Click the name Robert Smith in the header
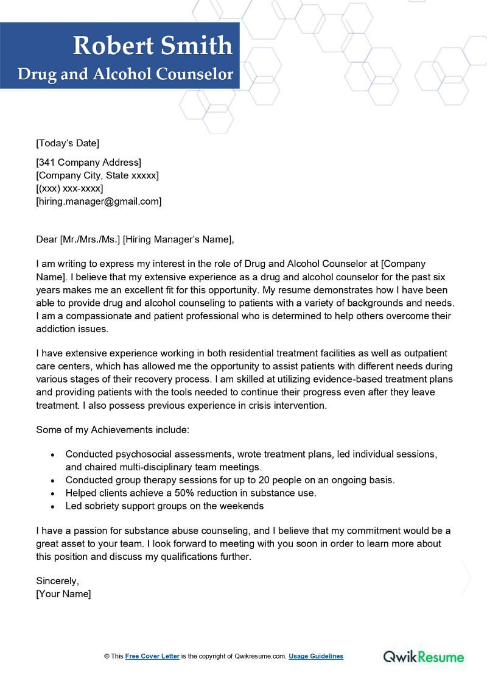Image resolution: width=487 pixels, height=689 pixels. (153, 46)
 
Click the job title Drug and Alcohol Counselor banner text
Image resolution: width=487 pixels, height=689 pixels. (125, 74)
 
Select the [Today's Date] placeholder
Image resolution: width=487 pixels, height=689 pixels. (68, 143)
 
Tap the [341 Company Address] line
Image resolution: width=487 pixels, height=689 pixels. (88, 162)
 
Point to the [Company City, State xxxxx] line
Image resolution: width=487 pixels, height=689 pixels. (97, 175)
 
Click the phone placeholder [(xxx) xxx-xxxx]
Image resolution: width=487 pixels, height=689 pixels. (69, 188)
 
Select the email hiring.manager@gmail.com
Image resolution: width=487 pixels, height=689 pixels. (99, 201)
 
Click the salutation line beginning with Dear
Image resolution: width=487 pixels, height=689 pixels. (135, 239)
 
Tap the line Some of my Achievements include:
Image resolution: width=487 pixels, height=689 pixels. (113, 429)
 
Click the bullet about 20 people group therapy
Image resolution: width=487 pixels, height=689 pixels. (230, 480)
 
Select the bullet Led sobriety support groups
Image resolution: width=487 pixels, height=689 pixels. (164, 506)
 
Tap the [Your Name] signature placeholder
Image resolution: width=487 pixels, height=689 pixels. (63, 593)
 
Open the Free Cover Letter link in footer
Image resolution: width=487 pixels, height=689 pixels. (152, 656)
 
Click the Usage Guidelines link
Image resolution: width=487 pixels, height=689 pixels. (316, 656)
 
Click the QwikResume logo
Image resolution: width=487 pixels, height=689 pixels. (423, 657)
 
